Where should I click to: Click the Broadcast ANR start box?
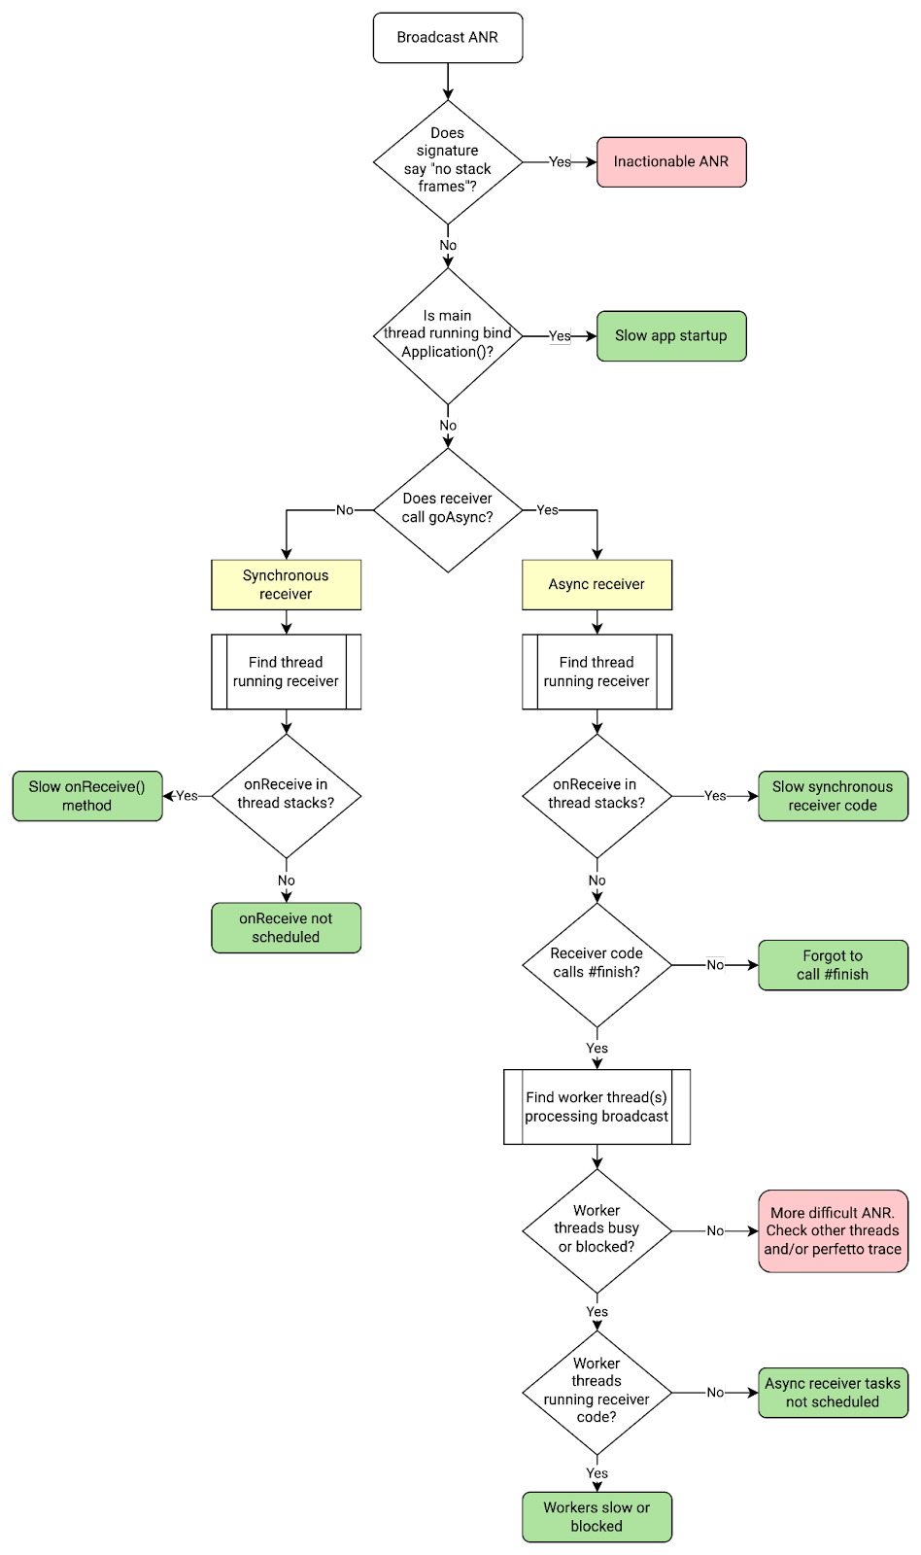point(448,38)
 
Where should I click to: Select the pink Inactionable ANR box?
point(671,161)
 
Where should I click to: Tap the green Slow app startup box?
point(671,336)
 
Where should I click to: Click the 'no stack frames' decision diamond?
point(448,161)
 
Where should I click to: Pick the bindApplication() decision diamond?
point(448,335)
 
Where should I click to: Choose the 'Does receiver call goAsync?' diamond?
point(448,509)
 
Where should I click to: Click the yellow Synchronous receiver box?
point(287,584)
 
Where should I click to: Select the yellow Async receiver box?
point(597,584)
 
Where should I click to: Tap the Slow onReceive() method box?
point(87,796)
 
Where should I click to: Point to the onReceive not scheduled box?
point(287,928)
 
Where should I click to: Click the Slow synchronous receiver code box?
point(833,796)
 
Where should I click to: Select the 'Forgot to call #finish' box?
point(833,965)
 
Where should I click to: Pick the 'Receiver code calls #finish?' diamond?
point(597,964)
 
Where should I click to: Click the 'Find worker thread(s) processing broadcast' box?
point(597,1107)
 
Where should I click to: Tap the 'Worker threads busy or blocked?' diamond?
point(597,1229)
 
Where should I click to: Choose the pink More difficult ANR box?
point(833,1231)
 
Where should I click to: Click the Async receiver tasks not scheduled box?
point(833,1393)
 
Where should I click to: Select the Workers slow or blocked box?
point(597,1517)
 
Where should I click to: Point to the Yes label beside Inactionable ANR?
point(560,162)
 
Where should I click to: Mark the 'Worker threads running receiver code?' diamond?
point(597,1392)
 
